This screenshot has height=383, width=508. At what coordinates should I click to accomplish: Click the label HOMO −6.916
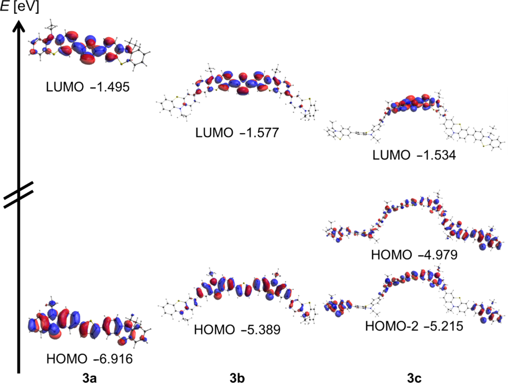point(90,358)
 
